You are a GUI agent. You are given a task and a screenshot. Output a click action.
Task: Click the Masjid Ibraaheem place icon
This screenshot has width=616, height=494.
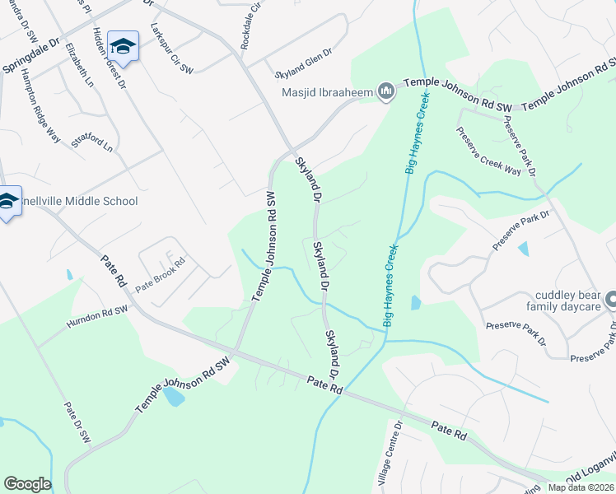[385, 92]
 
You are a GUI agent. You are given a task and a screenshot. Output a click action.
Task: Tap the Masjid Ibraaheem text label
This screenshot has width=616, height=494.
[328, 92]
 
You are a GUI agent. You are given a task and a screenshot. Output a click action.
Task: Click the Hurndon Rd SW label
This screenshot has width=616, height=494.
[98, 314]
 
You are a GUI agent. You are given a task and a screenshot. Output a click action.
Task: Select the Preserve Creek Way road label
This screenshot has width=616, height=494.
[489, 151]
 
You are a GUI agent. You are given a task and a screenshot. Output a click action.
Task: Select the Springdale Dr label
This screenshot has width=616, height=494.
[33, 54]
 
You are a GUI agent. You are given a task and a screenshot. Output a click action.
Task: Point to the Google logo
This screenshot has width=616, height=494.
[27, 484]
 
